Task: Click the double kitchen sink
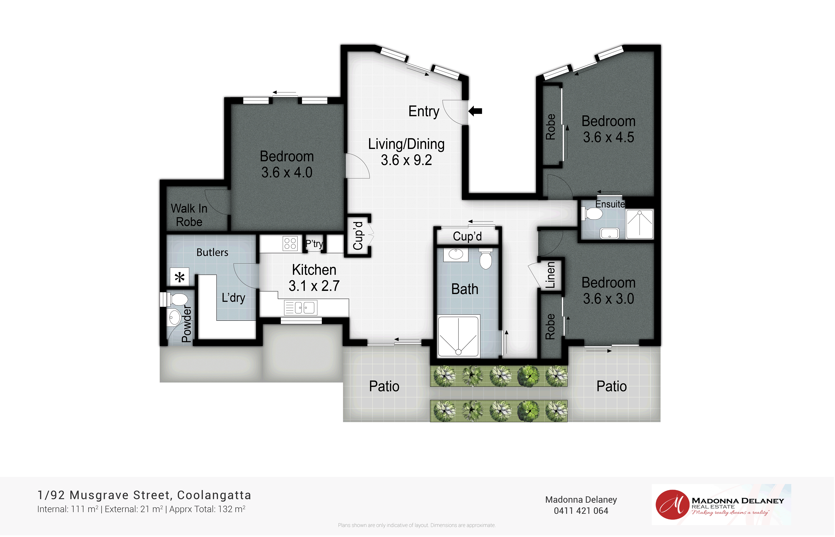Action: [x=301, y=308]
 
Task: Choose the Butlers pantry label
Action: [x=212, y=252]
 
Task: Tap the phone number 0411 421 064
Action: [x=581, y=511]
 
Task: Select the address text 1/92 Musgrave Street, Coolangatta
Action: [x=144, y=495]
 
